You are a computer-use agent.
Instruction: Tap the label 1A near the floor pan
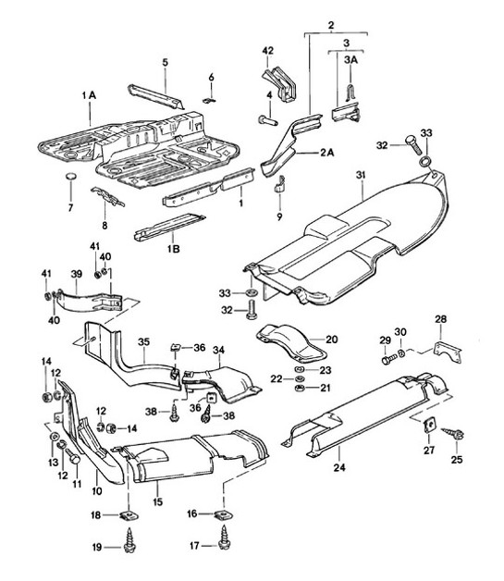pyautogui.click(x=88, y=95)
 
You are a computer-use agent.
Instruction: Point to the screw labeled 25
pyautogui.click(x=455, y=432)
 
